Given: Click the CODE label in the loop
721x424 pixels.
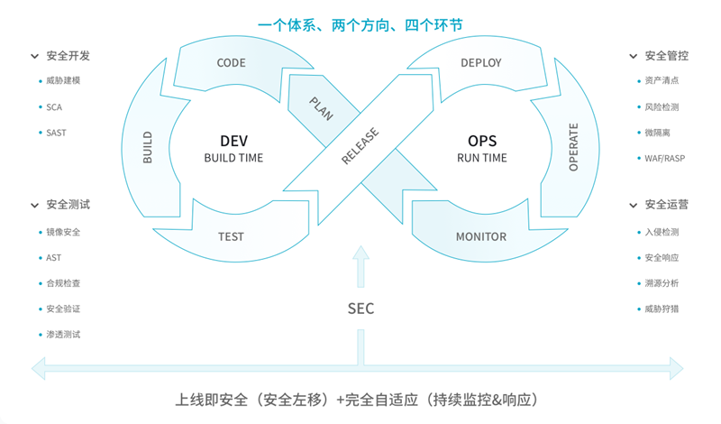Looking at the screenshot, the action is pos(231,62).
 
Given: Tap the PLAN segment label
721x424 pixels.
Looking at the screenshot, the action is pos(321,108).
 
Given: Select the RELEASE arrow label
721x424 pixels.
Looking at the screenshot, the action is pos(360,145).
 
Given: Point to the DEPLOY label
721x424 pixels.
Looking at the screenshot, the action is pos(481,62).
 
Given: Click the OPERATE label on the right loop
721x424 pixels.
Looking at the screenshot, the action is pos(573,147).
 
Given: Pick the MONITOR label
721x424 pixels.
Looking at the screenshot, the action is pos(481,236).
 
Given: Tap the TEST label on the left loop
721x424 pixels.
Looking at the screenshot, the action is pos(231,236).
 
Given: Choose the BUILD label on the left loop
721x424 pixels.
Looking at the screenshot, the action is pos(147,147).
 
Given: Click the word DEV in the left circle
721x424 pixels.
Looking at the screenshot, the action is pos(233,141).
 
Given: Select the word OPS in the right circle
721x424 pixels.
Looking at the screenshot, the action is pos(482,141).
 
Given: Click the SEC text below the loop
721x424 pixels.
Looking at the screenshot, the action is pos(361,309).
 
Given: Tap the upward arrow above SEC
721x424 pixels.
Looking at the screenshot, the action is pos(361,266).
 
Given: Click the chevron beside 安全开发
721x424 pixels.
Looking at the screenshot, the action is pos(34,56).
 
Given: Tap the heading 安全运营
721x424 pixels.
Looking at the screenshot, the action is pos(666,205).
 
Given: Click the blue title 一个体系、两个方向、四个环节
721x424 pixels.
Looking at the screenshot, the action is pos(360,25).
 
